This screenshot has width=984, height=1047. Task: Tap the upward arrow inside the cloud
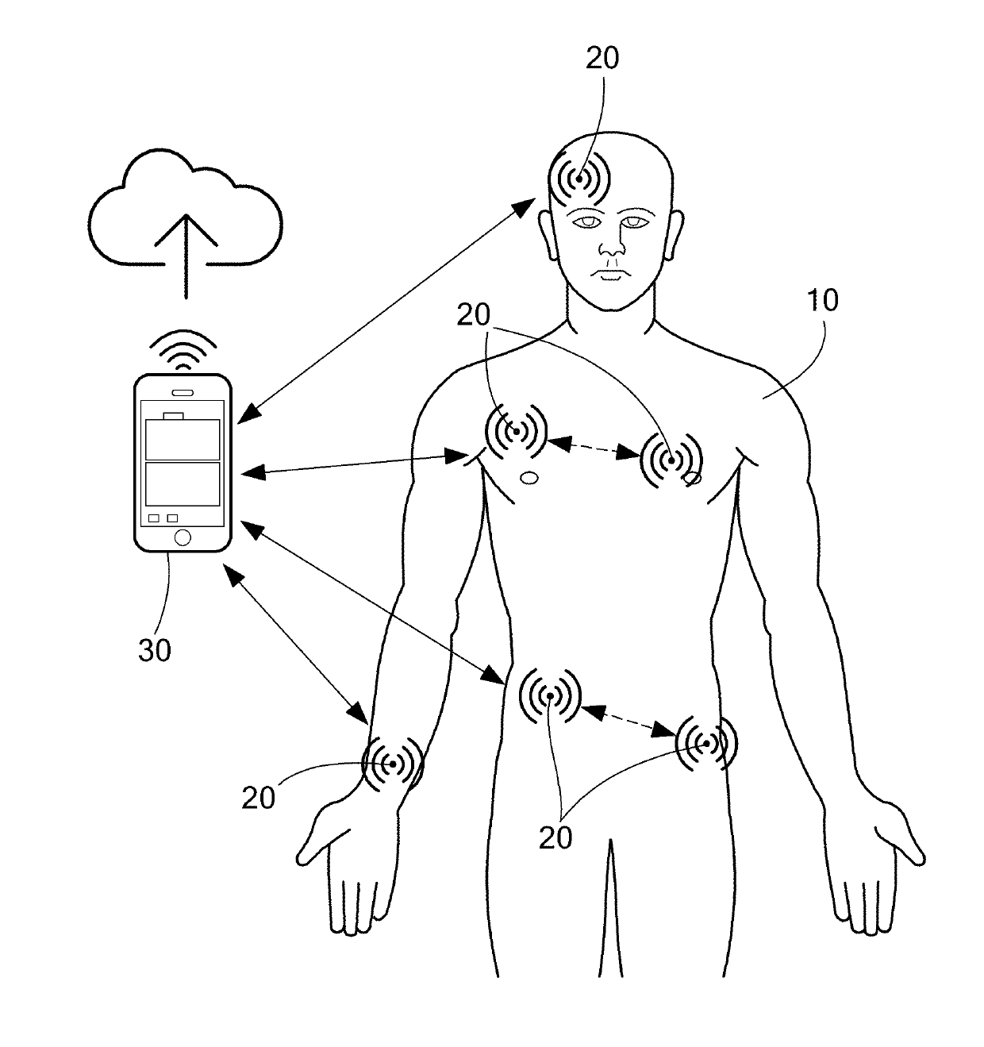(x=187, y=254)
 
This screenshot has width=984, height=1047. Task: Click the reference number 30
(x=155, y=650)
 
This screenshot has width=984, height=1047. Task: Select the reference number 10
(x=821, y=301)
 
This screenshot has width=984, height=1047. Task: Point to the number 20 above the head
(x=602, y=58)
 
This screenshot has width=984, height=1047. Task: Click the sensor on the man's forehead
(x=580, y=180)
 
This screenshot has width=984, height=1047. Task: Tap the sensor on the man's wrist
(x=392, y=764)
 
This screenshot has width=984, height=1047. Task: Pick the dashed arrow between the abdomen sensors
(x=627, y=718)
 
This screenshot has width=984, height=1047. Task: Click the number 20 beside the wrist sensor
(x=259, y=797)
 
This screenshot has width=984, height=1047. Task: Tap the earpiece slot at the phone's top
(x=183, y=392)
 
